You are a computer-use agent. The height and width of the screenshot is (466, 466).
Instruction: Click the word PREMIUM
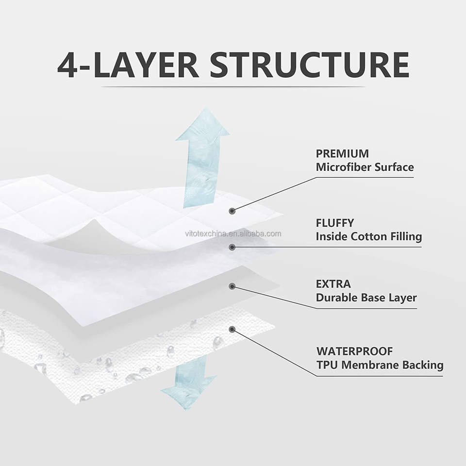(x=342, y=154)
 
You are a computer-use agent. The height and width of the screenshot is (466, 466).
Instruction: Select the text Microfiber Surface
(x=365, y=167)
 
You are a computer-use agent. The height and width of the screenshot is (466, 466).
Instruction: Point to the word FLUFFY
(x=335, y=223)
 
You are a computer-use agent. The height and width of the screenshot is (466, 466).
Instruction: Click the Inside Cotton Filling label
(x=368, y=237)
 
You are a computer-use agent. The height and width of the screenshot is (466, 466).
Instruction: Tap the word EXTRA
(x=333, y=284)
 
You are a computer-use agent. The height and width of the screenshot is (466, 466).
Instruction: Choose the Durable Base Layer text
(x=366, y=298)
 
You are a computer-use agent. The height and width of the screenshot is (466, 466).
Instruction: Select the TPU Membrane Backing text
(x=380, y=365)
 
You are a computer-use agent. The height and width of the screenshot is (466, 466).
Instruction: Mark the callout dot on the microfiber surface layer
(x=233, y=211)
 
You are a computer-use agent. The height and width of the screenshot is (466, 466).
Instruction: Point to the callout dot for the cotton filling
(x=233, y=247)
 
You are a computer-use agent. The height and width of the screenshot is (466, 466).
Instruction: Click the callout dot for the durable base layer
(x=233, y=287)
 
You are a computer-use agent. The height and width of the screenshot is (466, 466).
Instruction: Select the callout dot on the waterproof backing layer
(x=233, y=330)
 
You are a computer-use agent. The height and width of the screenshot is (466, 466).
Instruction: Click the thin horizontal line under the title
(x=233, y=87)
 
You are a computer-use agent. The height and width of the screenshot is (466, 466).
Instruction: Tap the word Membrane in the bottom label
(x=379, y=365)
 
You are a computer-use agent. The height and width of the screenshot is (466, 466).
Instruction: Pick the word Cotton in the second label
(x=372, y=237)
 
